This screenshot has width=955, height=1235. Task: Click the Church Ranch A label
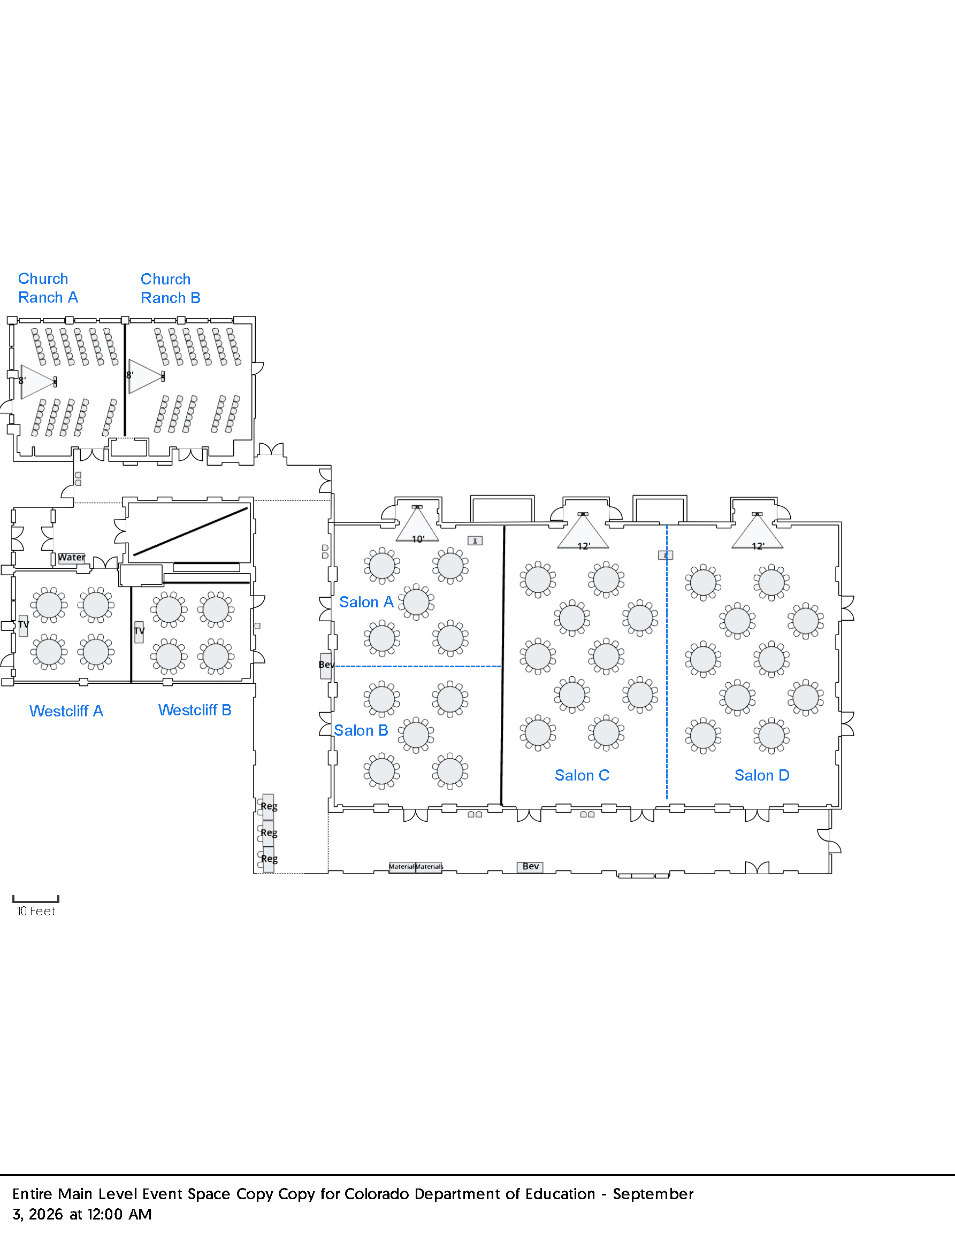coord(48,288)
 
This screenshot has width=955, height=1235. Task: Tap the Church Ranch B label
coord(170,288)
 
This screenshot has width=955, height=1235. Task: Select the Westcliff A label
coord(66,711)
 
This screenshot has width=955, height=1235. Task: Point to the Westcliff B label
coord(195,709)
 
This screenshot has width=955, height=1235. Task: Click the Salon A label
coord(366,601)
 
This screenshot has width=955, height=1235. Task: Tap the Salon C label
coord(582,775)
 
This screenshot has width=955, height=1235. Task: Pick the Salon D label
coord(761,775)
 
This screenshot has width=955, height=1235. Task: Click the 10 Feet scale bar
coord(36,899)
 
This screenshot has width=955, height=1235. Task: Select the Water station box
coord(71,558)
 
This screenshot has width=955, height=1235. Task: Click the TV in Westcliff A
coord(23,626)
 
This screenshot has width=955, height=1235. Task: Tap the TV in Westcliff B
coord(139,631)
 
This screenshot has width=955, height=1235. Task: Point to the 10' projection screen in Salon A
coord(417,525)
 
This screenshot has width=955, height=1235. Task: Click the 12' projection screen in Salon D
coord(757,531)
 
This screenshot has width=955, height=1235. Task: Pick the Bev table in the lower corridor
coord(530,867)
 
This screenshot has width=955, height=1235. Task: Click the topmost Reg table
coord(268,806)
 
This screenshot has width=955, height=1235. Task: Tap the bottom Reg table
coord(268,859)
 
